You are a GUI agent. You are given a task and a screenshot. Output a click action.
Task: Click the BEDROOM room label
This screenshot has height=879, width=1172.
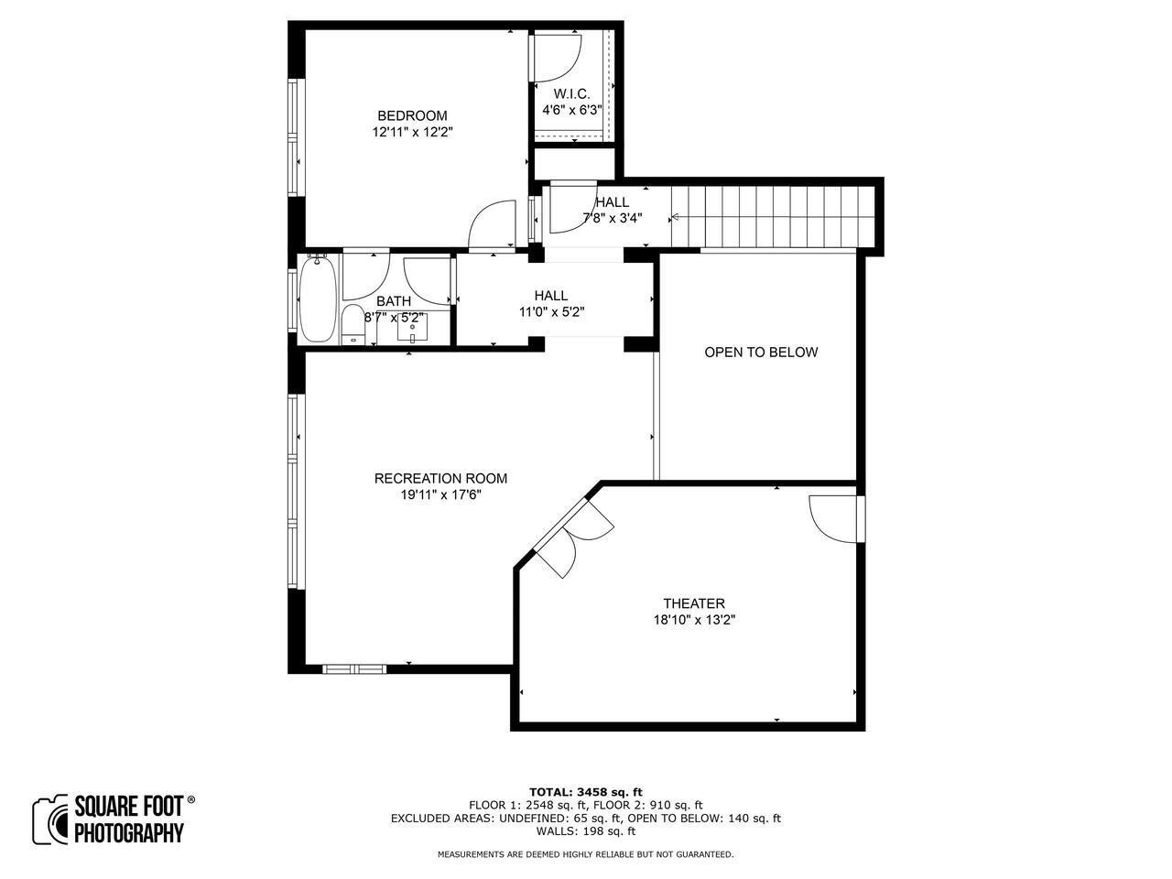pos(412,115)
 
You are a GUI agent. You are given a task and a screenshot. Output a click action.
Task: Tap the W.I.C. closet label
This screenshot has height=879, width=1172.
pos(572,94)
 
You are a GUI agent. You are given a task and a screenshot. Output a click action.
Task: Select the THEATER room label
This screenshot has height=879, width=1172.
pos(694,603)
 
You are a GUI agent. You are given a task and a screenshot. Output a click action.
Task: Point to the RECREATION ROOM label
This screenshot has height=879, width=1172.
pos(440,478)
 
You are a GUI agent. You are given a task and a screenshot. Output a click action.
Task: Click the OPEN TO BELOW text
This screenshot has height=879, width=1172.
pos(761,353)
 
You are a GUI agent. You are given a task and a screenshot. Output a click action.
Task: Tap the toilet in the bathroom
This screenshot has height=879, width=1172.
pos(353,324)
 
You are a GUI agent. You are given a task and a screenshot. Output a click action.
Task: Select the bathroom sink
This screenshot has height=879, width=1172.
pos(412,328)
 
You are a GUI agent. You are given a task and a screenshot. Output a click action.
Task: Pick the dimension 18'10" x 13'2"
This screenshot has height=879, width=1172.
pos(694,620)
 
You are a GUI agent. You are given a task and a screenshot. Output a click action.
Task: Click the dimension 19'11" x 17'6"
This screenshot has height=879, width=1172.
pos(441,494)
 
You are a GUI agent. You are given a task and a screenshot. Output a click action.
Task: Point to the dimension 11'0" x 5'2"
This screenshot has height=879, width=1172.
pos(551,311)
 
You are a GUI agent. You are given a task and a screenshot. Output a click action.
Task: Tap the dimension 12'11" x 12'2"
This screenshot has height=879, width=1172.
pos(412,132)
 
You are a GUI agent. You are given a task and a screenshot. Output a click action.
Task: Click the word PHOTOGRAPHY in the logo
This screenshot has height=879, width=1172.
pos(129,832)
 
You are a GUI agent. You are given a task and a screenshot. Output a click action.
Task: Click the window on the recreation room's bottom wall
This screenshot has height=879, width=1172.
pos(354,668)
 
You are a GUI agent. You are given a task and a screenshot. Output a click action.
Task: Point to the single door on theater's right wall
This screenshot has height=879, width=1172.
pos(834,519)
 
